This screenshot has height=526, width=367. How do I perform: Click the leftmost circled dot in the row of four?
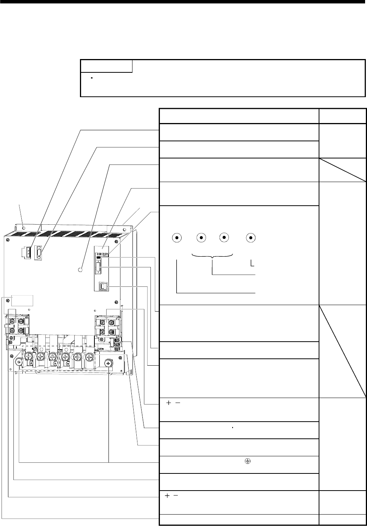click(177, 237)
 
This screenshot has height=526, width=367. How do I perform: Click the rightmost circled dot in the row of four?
click(251, 237)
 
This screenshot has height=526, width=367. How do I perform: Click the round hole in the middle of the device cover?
click(80, 269)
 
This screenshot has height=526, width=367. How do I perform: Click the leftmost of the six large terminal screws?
click(28, 357)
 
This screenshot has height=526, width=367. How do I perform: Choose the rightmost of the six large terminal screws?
click(90, 357)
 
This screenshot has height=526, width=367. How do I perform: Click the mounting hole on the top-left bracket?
click(24, 227)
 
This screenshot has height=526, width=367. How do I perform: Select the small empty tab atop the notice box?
click(107, 66)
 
